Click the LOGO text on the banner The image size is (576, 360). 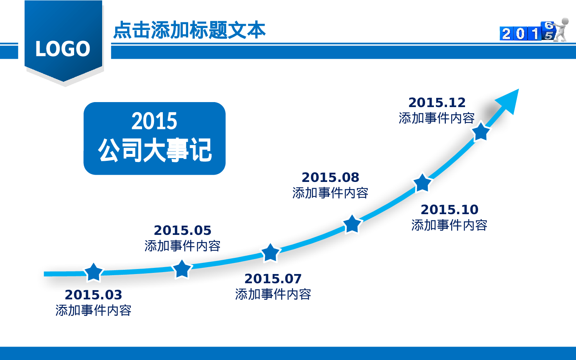[x=63, y=49]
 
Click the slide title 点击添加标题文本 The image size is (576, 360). [x=189, y=30]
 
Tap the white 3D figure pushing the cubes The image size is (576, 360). [x=562, y=29]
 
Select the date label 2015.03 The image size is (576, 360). [x=93, y=295]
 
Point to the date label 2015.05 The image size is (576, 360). [x=182, y=230]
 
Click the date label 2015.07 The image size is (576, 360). [x=273, y=279]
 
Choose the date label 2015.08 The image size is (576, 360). [x=330, y=177]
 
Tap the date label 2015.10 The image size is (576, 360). [x=449, y=210]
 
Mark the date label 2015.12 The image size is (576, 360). [x=437, y=102]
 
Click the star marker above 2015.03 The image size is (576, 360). [x=93, y=272]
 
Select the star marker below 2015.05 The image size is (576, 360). [x=182, y=269]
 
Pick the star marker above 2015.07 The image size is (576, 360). [x=270, y=253]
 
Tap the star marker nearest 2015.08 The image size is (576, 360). [x=352, y=224]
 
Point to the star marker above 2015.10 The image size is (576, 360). [x=422, y=183]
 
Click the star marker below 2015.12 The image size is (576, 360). [x=481, y=132]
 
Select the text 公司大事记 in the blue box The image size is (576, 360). [x=154, y=150]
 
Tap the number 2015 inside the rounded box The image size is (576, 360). [x=154, y=121]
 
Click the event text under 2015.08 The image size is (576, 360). [x=330, y=193]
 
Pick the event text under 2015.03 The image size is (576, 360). [x=93, y=310]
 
